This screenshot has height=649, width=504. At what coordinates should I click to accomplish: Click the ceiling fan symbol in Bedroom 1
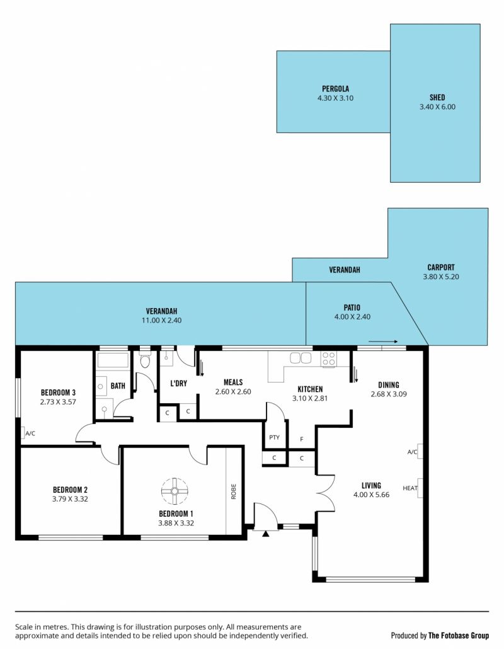pos(175,491)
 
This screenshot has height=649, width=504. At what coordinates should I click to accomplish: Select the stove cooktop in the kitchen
pos(329,359)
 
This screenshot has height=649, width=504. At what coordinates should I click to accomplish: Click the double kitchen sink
pos(301,358)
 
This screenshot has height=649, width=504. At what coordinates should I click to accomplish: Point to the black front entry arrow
pos(266,534)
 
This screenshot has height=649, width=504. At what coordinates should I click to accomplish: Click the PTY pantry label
pos(274,437)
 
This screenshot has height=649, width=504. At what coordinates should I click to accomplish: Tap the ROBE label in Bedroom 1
pos(233,491)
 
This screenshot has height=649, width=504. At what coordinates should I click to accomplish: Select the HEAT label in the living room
pos(410,488)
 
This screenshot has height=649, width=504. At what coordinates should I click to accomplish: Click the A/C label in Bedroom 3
pos(30,434)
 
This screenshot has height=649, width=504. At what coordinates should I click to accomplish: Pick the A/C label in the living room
pos(412,452)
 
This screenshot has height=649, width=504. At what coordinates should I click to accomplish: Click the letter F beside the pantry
pos(302,439)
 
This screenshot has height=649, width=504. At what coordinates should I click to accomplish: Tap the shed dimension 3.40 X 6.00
pos(437,106)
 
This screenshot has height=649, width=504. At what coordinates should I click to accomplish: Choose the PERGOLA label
pos(336,89)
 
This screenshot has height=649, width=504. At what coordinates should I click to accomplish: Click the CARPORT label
pos(441,267)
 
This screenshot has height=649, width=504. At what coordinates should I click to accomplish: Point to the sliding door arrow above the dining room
pos(383,342)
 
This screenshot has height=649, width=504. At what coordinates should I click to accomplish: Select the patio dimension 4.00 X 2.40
pos(353,317)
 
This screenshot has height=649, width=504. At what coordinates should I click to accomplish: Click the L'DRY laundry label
pos(179,383)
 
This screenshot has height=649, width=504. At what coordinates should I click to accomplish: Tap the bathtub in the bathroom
pos(113,360)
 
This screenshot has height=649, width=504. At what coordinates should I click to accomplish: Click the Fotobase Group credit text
pos(440,635)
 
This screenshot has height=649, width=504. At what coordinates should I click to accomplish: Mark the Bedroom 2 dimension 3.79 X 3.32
pos(70,499)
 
